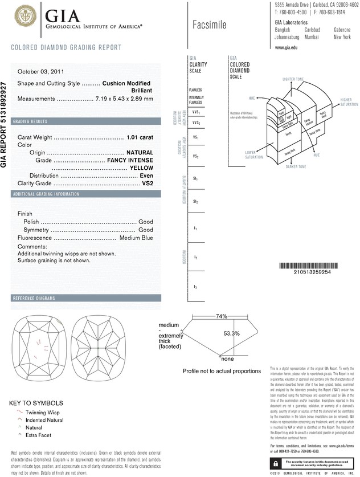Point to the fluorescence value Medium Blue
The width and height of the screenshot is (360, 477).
coord(136,238)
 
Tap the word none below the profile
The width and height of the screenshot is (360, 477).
coord(227,359)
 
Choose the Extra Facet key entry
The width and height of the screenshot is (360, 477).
coord(38,435)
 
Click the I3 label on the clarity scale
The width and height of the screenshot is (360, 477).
coord(195,287)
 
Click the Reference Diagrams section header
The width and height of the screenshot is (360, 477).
coord(34,299)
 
